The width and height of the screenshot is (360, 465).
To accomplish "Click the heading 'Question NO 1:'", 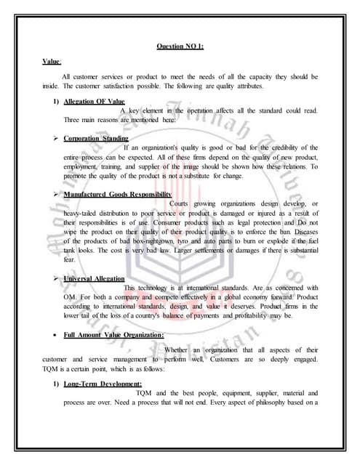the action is click(x=180, y=46).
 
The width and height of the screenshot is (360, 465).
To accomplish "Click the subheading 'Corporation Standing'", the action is click(x=96, y=138).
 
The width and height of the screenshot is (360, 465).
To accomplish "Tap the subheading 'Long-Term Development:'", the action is click(x=103, y=383).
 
